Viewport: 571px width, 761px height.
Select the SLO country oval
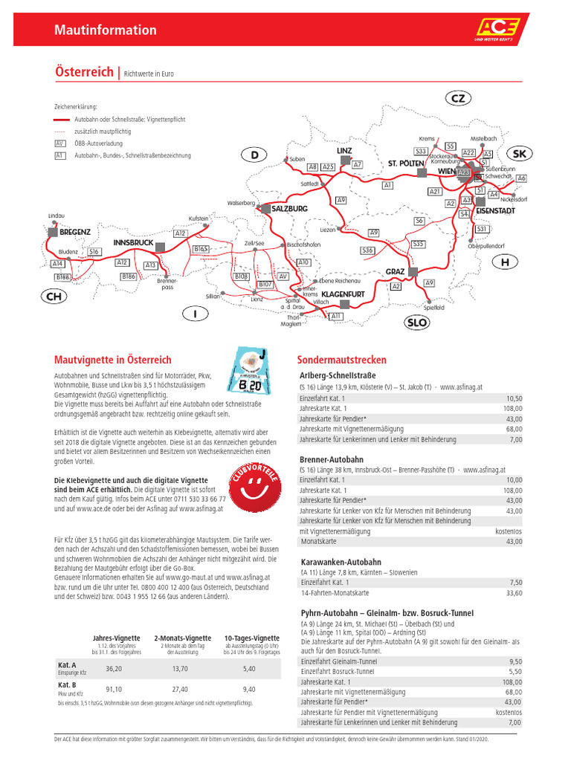pyautogui.click(x=416, y=323)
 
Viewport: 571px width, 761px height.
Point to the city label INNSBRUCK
pyautogui.click(x=133, y=243)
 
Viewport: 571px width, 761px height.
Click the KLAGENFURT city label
pyautogui.click(x=343, y=294)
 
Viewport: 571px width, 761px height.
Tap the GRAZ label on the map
pyautogui.click(x=395, y=272)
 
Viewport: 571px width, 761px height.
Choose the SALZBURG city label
pyautogui.click(x=289, y=209)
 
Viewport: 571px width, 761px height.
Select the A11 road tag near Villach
pyautogui.click(x=336, y=317)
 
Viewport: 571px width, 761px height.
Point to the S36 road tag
pyautogui.click(x=367, y=250)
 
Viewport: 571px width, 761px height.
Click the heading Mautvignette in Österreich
pyautogui.click(x=113, y=360)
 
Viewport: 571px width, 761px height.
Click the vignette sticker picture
pyautogui.click(x=255, y=372)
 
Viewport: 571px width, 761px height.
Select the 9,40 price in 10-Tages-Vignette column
pyautogui.click(x=249, y=689)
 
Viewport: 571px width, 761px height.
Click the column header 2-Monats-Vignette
pyautogui.click(x=182, y=638)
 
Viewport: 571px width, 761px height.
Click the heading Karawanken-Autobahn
pyautogui.click(x=341, y=562)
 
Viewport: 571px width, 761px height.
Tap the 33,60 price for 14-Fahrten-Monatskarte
pyautogui.click(x=513, y=593)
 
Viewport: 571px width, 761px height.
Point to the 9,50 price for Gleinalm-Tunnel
pyautogui.click(x=515, y=661)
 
